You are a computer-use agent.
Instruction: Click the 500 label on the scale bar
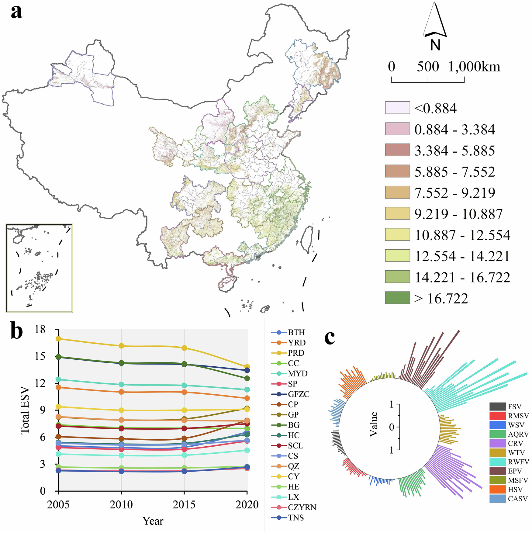point(428,67)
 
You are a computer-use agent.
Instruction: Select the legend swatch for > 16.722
point(397,298)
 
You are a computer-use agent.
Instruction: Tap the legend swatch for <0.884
point(397,108)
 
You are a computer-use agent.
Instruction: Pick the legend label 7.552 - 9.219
point(455,193)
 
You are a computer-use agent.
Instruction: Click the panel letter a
point(16,12)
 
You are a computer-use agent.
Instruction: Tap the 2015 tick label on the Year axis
point(184,505)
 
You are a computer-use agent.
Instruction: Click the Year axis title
point(153,521)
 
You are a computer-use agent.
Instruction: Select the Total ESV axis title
point(25,410)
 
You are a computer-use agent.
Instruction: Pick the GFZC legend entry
point(290,394)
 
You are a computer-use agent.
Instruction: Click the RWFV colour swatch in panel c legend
point(497,462)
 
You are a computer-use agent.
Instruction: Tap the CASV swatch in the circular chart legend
point(497,499)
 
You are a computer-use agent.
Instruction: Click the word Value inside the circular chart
point(374,424)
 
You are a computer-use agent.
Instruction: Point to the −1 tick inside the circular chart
point(389,450)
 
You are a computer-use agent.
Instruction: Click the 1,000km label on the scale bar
point(474,67)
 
